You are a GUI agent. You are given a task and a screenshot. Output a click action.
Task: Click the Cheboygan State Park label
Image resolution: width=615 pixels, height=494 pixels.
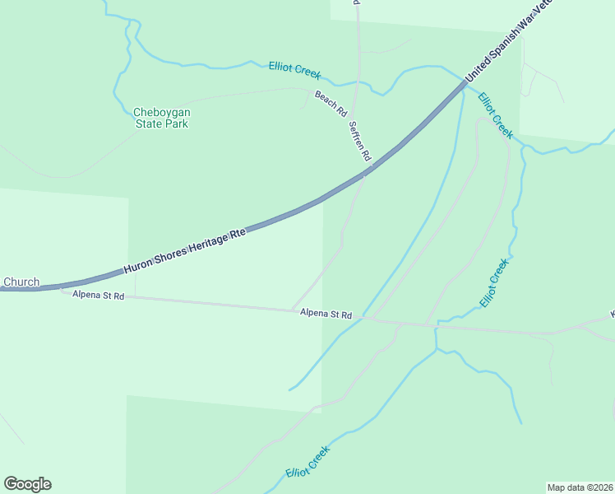[161, 118]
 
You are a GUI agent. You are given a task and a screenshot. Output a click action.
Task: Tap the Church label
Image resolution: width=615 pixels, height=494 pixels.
[21, 282]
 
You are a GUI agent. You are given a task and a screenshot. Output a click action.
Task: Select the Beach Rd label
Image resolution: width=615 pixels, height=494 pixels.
[331, 103]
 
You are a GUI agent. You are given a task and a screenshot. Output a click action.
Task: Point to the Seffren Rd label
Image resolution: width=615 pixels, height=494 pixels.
[360, 141]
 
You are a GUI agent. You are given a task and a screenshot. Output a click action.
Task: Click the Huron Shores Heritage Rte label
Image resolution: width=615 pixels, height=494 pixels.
[185, 251]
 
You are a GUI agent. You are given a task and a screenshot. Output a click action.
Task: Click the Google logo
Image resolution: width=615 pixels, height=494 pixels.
[27, 484]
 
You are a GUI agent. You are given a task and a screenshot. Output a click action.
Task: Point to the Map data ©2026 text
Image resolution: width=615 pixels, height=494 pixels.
[580, 487]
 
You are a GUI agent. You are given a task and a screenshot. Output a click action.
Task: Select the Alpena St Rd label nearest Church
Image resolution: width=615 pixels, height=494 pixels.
[98, 295]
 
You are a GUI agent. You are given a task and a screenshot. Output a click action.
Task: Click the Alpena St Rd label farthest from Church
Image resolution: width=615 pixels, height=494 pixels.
[326, 315]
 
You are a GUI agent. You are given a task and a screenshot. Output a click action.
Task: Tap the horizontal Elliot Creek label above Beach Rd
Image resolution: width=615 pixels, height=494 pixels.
[294, 70]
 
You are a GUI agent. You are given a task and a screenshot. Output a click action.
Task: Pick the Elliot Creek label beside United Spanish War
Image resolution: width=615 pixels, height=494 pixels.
[495, 116]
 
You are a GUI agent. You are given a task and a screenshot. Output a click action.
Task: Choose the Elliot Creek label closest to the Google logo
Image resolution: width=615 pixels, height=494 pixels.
[308, 462]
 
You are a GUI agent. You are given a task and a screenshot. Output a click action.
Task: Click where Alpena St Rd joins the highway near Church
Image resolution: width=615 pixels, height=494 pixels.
[61, 287]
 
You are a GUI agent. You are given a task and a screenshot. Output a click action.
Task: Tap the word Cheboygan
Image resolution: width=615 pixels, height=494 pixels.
[161, 112]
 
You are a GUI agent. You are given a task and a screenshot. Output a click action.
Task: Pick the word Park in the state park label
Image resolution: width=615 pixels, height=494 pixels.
[177, 124]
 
